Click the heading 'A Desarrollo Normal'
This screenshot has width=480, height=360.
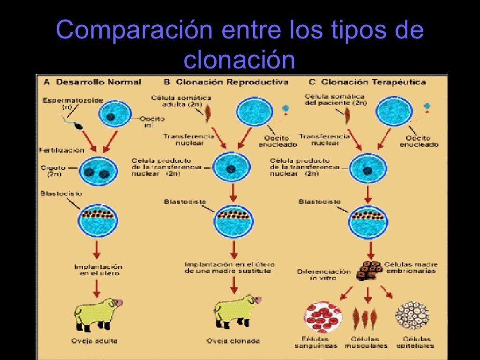click(x=92, y=82)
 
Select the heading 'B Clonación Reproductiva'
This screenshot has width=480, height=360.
click(x=226, y=82)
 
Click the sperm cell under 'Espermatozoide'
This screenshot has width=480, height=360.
click(x=75, y=125)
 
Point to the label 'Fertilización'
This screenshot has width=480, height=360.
click(x=61, y=150)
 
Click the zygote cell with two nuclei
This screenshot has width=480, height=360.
click(x=98, y=172)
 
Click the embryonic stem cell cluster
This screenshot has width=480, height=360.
click(x=368, y=270)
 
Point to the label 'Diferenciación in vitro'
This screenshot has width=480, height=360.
click(x=324, y=275)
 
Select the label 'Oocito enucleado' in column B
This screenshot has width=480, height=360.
click(x=277, y=141)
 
